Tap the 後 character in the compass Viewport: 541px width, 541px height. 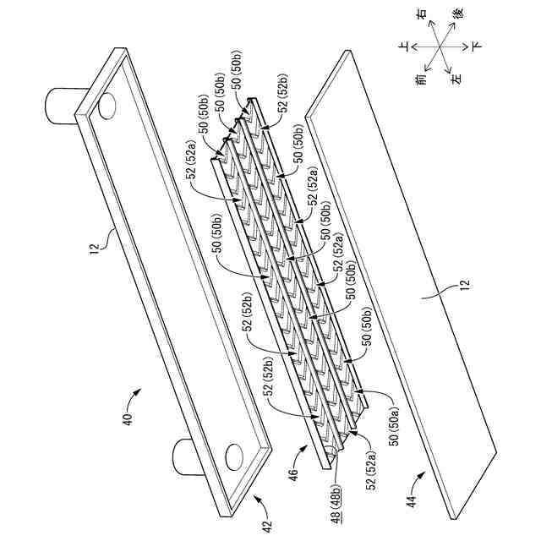(x=457, y=15)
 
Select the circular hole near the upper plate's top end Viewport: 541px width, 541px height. (x=108, y=106)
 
